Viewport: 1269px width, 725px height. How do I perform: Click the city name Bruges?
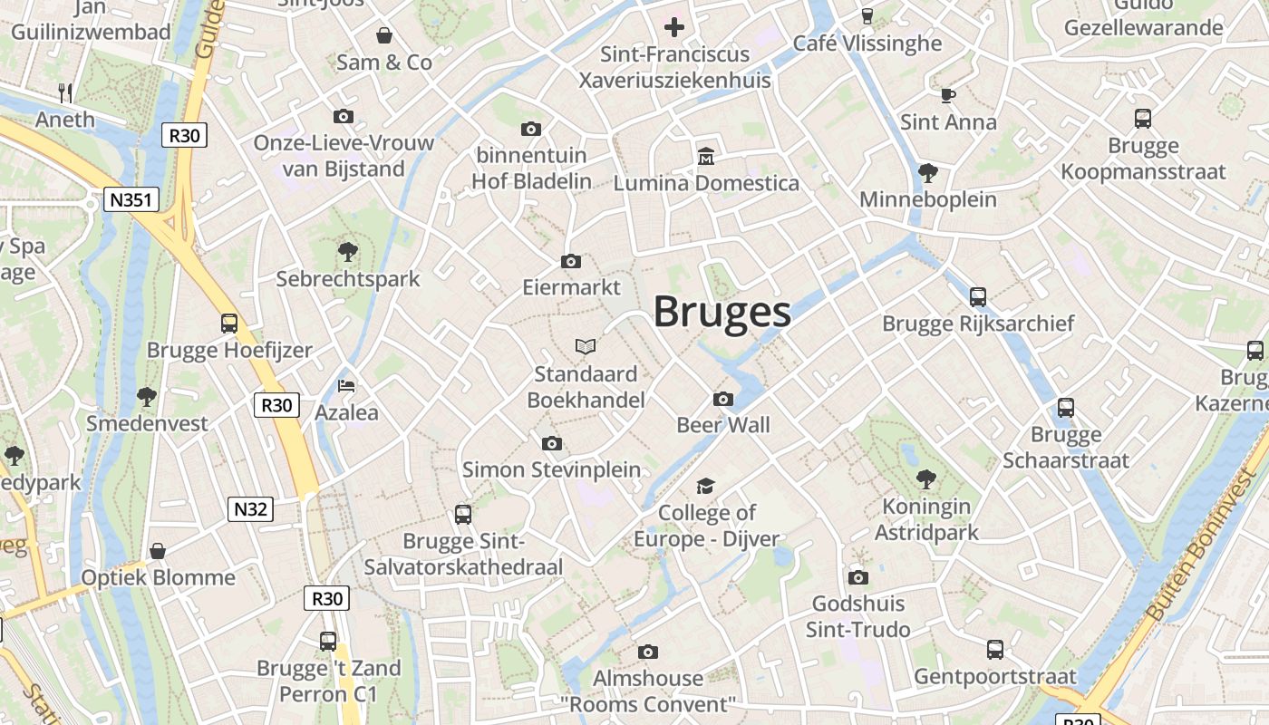tap(722, 312)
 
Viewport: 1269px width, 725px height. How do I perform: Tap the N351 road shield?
tap(131, 200)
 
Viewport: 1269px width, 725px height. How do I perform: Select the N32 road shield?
tap(251, 509)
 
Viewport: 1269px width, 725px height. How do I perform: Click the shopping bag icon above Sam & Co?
tap(384, 35)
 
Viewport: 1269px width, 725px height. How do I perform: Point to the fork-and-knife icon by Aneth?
tap(65, 92)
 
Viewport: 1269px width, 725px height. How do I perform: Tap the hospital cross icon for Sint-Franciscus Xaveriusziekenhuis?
tap(674, 26)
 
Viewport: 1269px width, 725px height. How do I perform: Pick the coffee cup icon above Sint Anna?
tap(947, 94)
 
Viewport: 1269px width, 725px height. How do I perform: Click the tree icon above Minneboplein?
tap(927, 172)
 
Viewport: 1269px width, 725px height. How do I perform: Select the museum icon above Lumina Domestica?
tap(706, 157)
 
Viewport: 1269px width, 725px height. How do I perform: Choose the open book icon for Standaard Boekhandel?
tap(586, 346)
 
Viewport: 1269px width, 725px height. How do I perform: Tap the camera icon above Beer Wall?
tap(723, 399)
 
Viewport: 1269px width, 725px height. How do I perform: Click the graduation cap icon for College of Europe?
tap(706, 487)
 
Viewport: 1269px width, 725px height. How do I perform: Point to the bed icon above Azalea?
tap(346, 385)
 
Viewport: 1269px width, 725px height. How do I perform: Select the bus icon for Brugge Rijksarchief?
tap(977, 296)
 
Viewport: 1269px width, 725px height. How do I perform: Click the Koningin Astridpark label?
tap(926, 519)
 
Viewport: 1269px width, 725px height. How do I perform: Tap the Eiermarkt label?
tap(571, 287)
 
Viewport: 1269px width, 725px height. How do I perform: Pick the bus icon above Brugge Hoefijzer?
tap(229, 323)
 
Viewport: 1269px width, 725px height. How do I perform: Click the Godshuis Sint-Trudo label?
tap(857, 616)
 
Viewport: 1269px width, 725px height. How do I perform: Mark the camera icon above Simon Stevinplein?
tap(551, 443)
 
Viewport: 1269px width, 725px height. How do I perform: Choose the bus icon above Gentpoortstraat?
tap(995, 649)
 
